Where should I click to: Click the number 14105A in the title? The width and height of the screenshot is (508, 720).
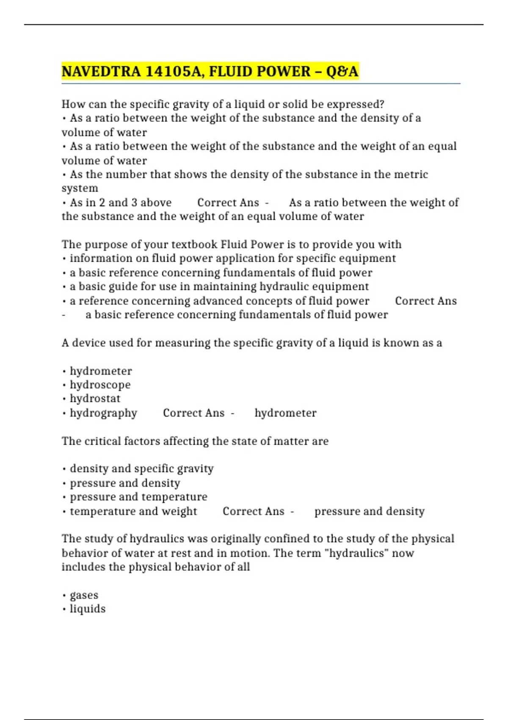tap(174, 72)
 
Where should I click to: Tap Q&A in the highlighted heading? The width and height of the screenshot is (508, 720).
tap(342, 72)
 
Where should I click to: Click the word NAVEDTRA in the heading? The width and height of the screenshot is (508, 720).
tap(101, 72)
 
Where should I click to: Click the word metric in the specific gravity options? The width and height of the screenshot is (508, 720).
tap(411, 174)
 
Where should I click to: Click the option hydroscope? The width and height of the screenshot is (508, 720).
tap(100, 385)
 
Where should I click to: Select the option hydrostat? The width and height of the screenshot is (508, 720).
tap(95, 399)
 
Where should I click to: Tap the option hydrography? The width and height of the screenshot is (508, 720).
tap(103, 413)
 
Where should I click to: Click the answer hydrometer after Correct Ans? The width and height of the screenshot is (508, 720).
tap(285, 413)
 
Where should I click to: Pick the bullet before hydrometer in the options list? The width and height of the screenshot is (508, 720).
tap(64, 372)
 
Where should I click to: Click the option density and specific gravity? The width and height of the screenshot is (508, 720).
tap(141, 468)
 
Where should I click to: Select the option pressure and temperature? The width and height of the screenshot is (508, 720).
tap(138, 497)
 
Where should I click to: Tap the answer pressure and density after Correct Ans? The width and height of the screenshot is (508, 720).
tap(369, 511)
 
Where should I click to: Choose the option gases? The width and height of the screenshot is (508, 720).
tap(84, 595)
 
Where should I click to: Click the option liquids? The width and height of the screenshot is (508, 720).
tap(88, 609)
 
